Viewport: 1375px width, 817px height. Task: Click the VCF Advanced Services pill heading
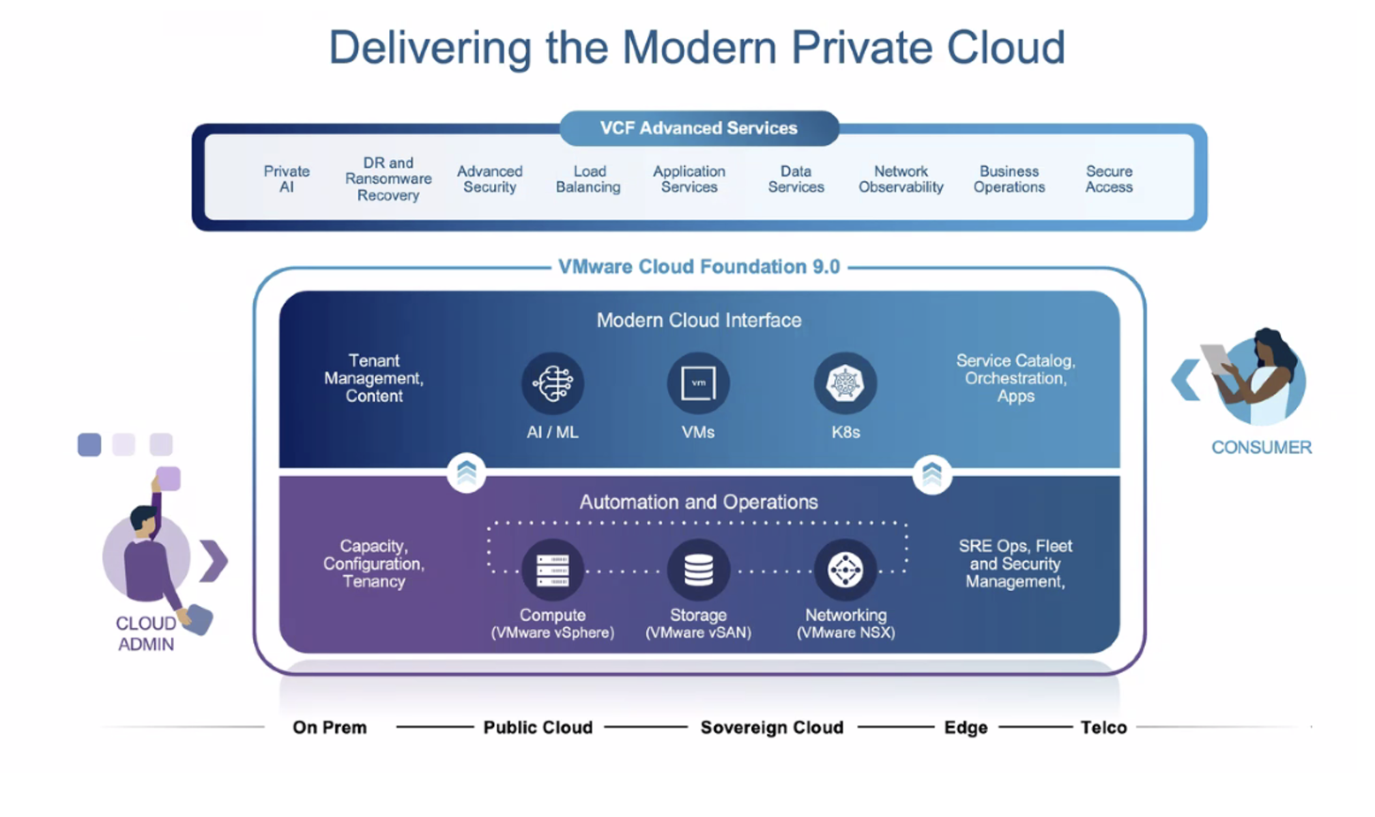699,128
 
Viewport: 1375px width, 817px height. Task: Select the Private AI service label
286,179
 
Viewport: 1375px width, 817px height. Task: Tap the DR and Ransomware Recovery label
388,179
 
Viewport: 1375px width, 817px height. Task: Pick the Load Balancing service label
588,179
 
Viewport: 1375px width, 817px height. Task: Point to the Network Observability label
901,179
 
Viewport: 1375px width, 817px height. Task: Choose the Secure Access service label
1108,179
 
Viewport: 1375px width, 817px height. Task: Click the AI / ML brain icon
553,383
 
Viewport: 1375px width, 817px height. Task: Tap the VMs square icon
698,383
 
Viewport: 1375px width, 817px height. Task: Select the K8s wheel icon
845,383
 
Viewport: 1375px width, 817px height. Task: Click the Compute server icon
553,570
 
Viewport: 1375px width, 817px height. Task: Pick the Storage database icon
698,570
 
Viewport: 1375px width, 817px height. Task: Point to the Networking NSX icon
845,570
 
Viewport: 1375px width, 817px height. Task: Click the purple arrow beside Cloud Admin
214,560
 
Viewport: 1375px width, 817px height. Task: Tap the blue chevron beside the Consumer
1185,379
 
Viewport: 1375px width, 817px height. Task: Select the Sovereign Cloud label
772,727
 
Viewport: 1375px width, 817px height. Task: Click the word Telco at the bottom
1103,727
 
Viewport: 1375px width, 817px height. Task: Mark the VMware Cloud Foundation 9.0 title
699,267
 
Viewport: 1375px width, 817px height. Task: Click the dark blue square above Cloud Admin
89,445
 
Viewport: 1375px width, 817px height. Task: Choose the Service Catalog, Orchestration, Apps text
1015,379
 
